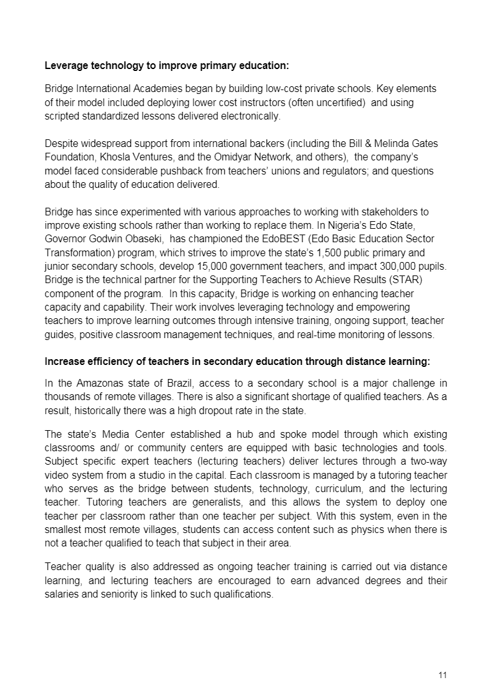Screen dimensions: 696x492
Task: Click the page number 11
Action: (443, 675)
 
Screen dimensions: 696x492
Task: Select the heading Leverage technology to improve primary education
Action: (167, 65)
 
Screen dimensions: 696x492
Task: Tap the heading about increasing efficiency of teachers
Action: (237, 362)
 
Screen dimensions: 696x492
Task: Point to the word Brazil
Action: (181, 383)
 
